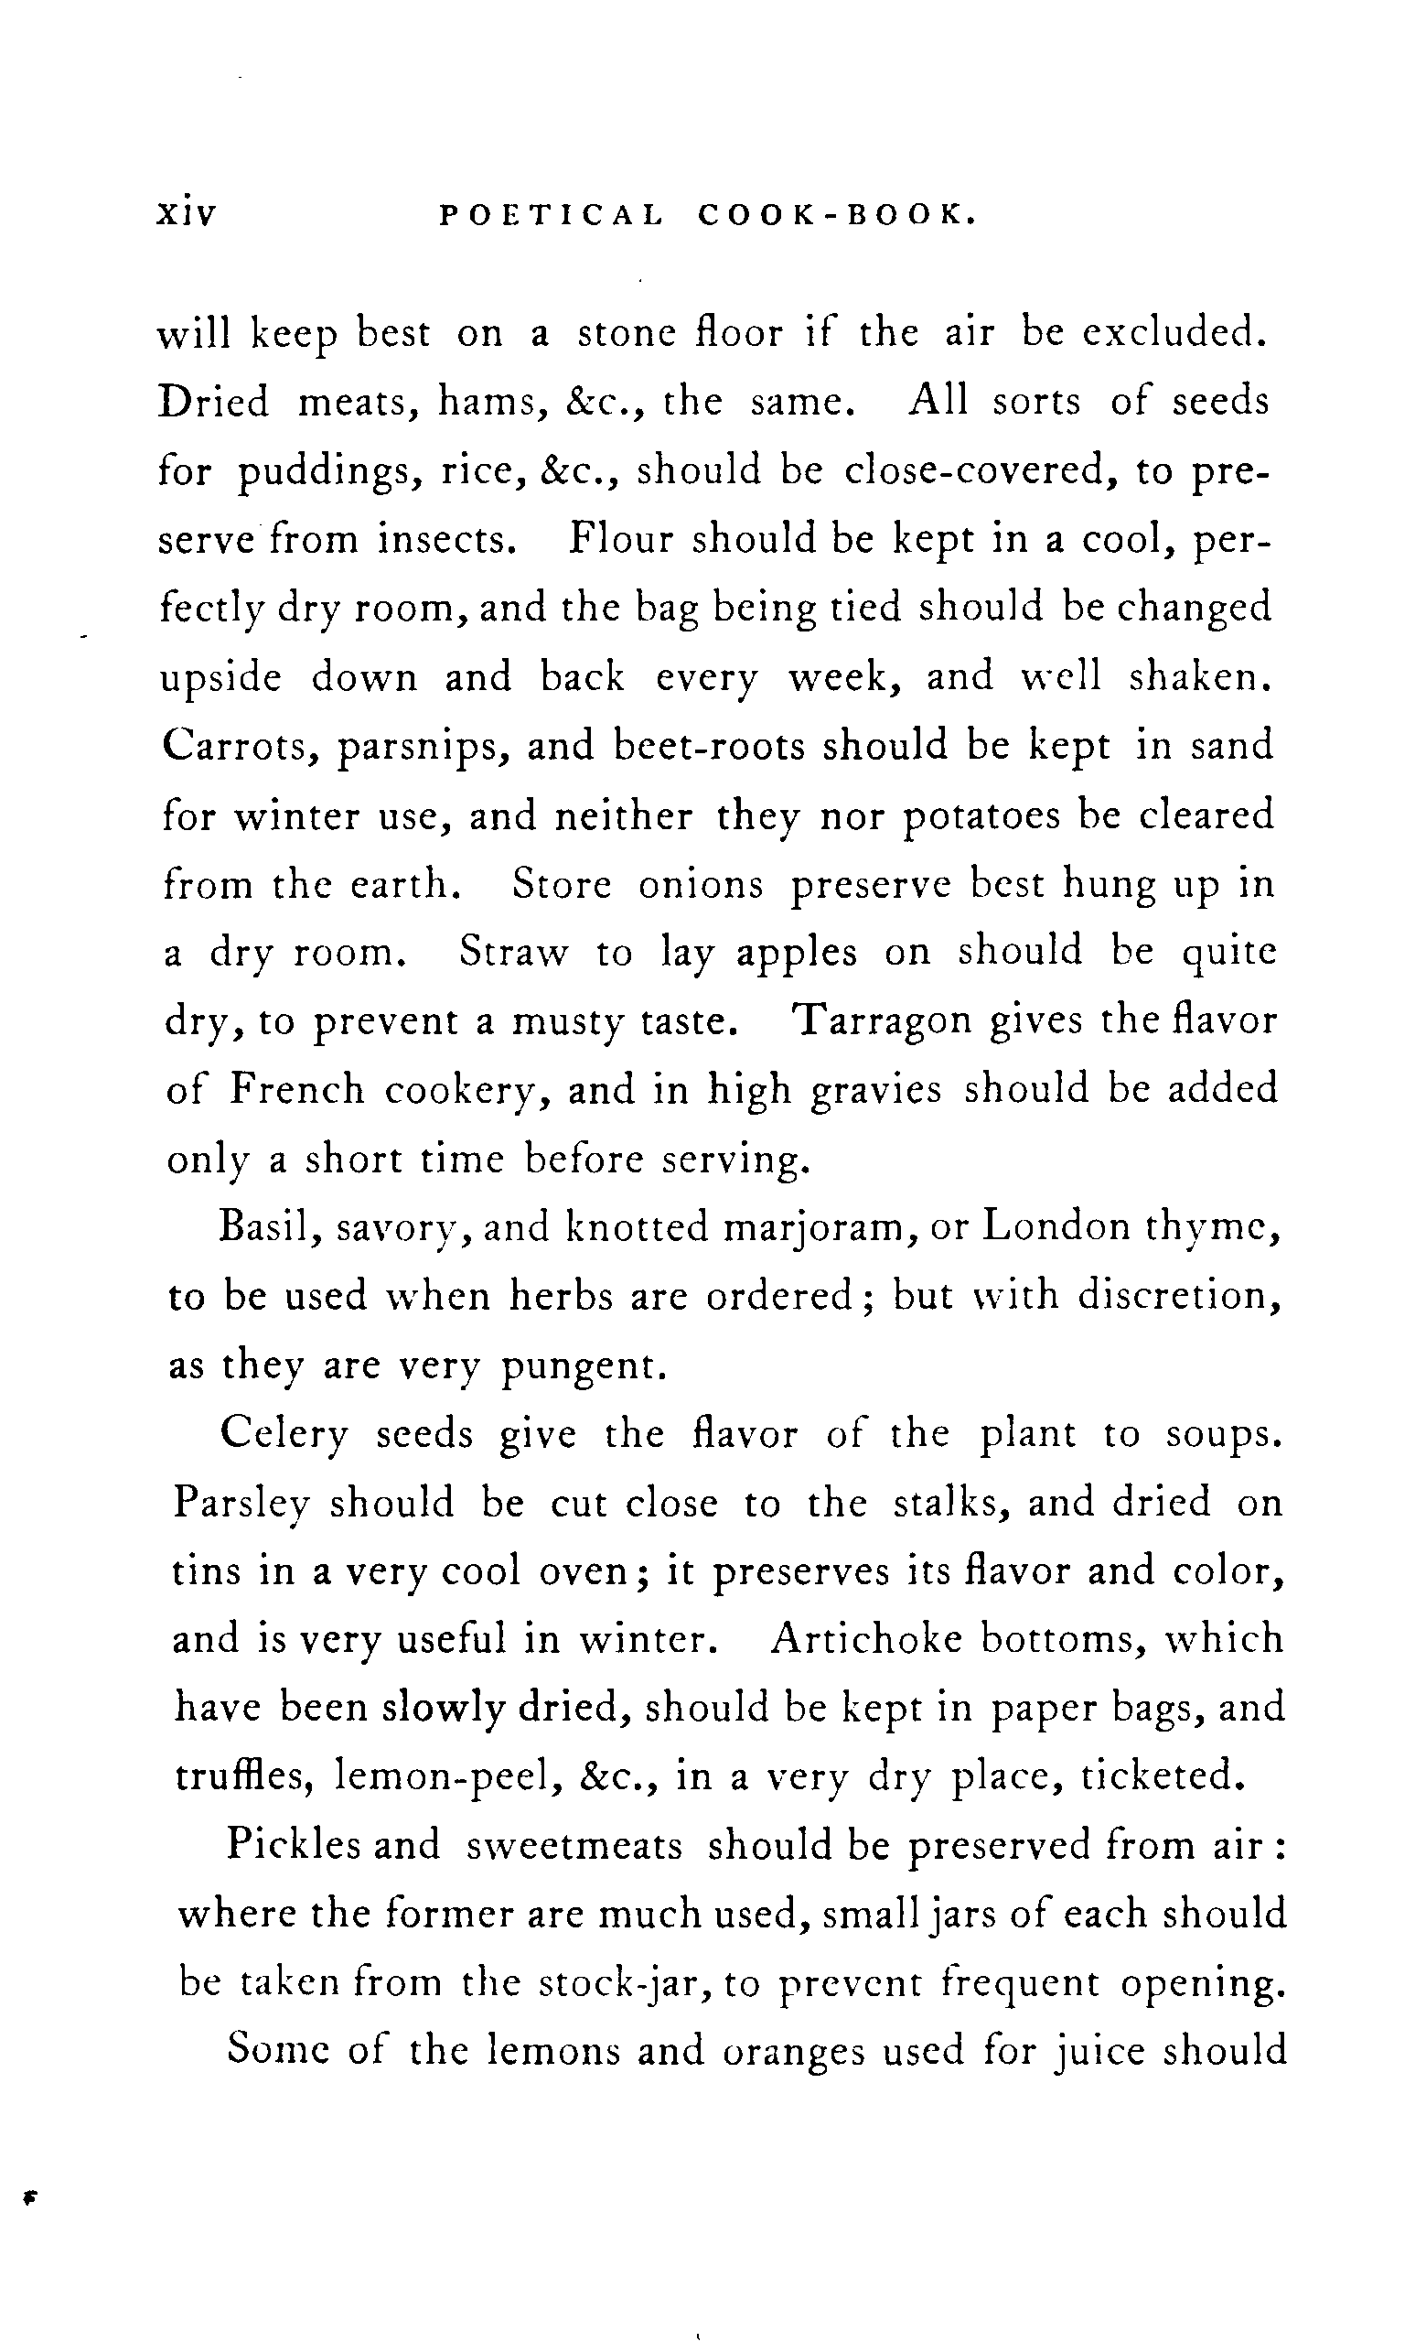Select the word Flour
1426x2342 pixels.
pos(621,540)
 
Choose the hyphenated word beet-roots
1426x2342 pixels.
pos(709,745)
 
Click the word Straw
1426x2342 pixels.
pos(513,953)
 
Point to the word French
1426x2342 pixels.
pos(296,1089)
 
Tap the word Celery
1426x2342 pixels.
pos(284,1435)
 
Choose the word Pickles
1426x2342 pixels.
pos(294,1845)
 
